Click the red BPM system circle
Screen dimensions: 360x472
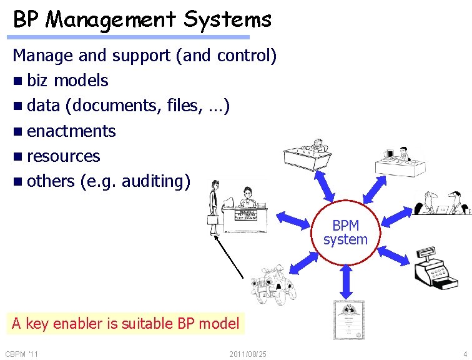coord(345,232)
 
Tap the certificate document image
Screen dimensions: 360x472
coord(348,319)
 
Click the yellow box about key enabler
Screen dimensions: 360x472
coord(125,323)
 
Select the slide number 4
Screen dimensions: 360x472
coord(465,354)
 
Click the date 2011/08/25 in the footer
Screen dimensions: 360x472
coord(248,354)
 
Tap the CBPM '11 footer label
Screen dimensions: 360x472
coord(22,354)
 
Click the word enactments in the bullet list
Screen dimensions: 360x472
coord(71,131)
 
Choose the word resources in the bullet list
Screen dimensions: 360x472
coord(63,156)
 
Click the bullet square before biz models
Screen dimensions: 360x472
coord(17,81)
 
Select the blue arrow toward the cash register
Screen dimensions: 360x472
coord(392,254)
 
